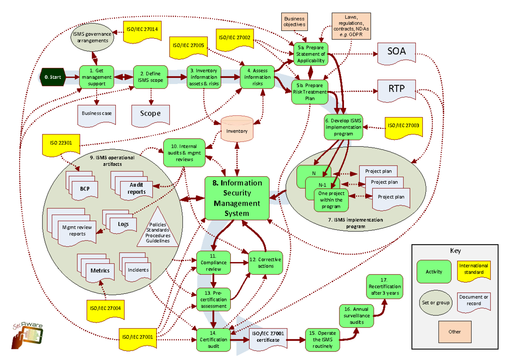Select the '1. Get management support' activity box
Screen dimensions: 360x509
97,77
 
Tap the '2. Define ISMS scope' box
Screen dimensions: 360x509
149,77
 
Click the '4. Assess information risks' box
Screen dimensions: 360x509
257,77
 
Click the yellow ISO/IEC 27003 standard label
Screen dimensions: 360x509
403,126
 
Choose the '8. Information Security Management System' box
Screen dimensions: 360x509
237,198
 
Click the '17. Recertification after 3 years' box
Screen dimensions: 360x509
383,286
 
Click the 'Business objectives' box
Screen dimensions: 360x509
294,22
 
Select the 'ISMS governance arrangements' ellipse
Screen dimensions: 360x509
92,37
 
